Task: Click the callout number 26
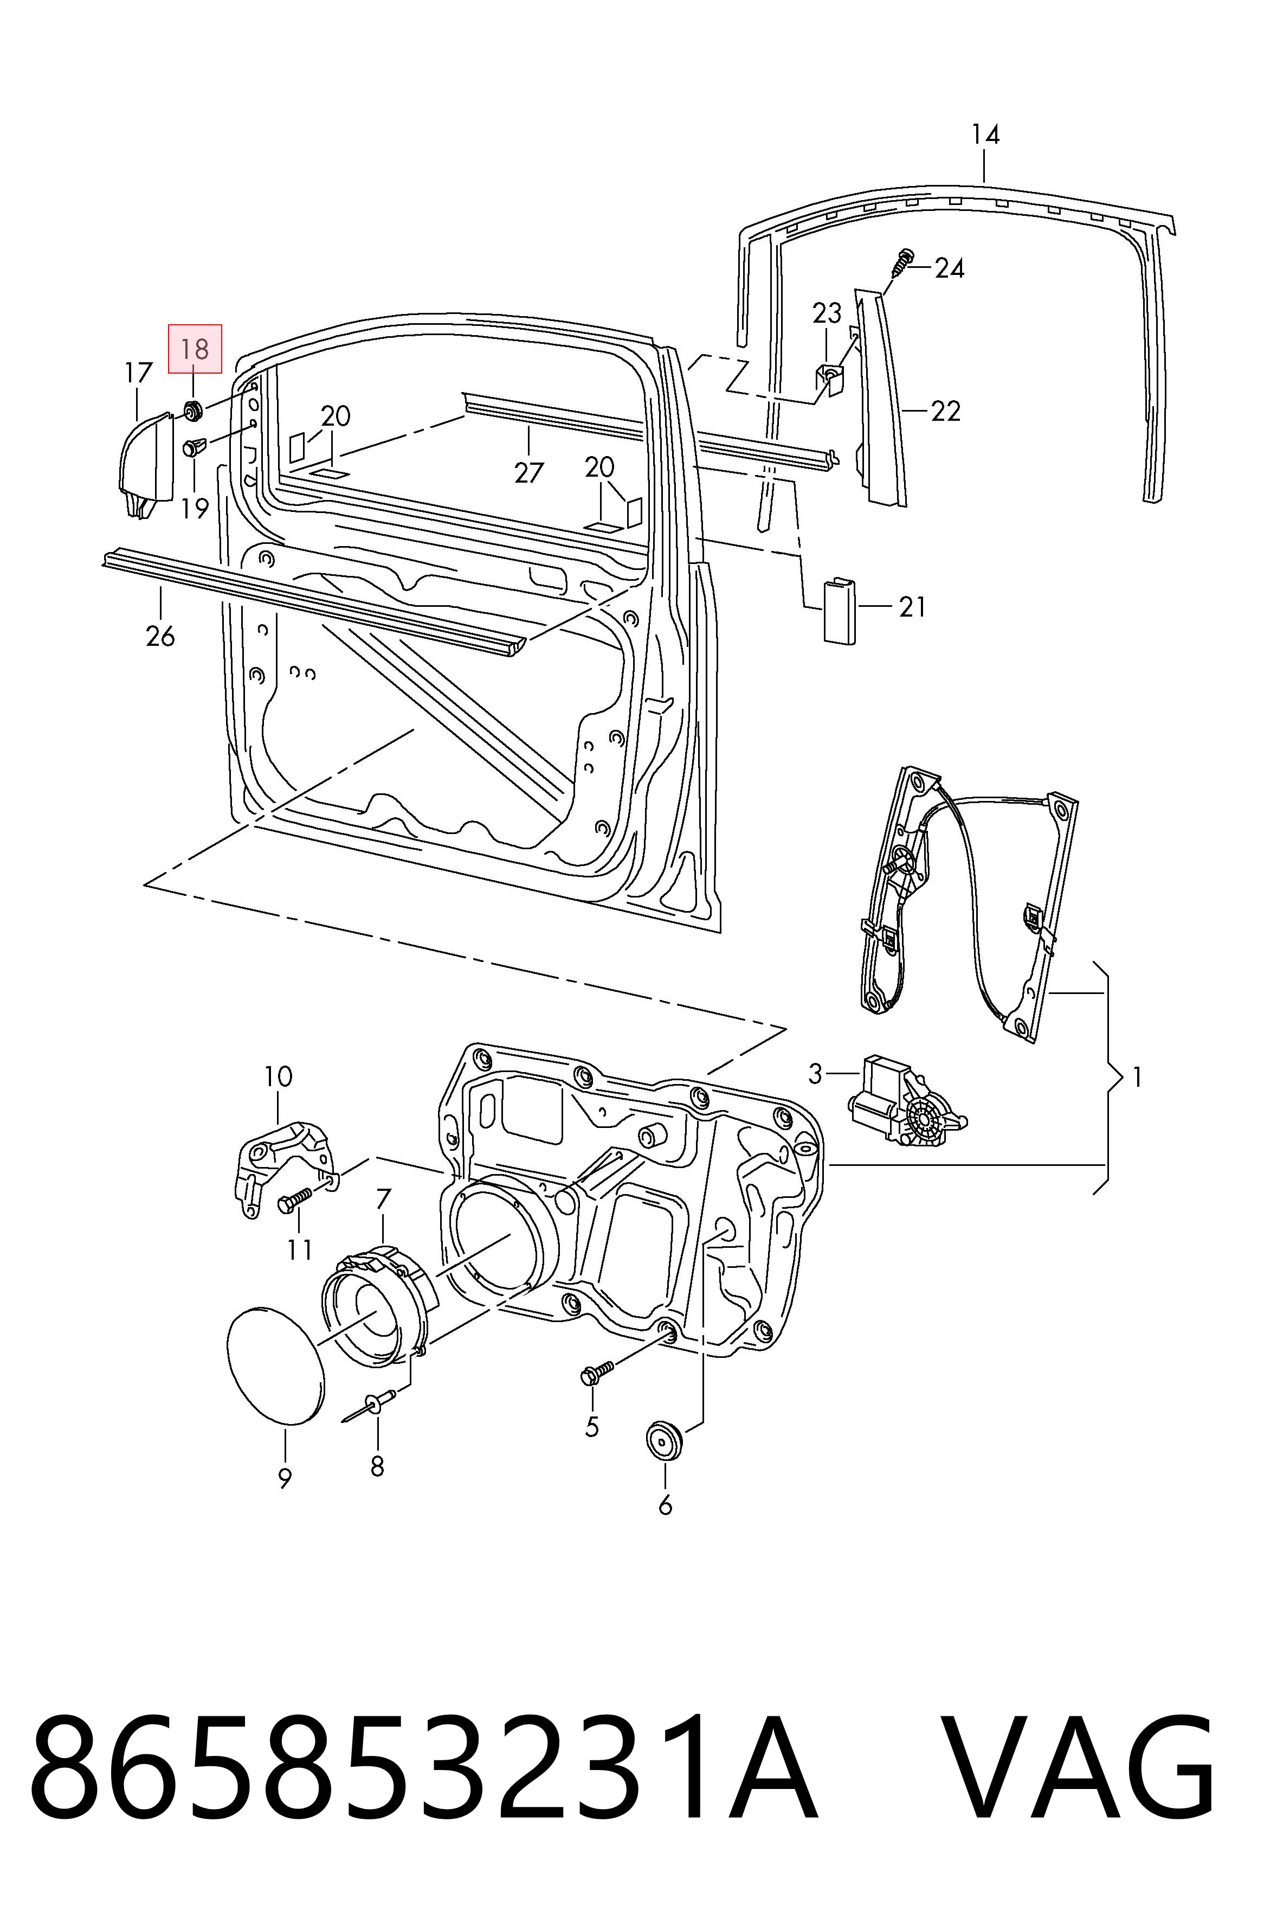pyautogui.click(x=160, y=635)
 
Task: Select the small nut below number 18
pyautogui.click(x=193, y=411)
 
